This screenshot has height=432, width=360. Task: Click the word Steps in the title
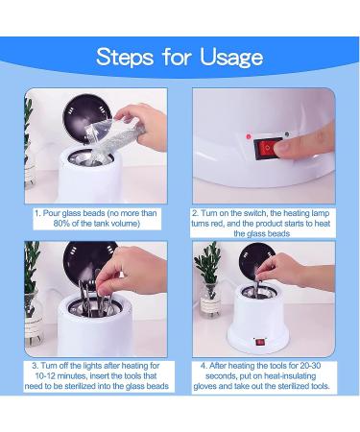tap(125, 57)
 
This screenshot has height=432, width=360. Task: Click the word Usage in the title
tap(231, 58)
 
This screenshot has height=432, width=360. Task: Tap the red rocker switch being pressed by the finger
tap(268, 149)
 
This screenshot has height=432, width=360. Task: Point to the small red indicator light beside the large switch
tap(249, 136)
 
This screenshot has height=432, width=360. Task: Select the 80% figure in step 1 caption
tap(61, 224)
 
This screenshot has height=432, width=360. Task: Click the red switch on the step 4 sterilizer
tap(260, 343)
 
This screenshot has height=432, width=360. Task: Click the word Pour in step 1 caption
tap(52, 213)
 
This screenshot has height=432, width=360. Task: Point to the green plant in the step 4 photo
tap(208, 262)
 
